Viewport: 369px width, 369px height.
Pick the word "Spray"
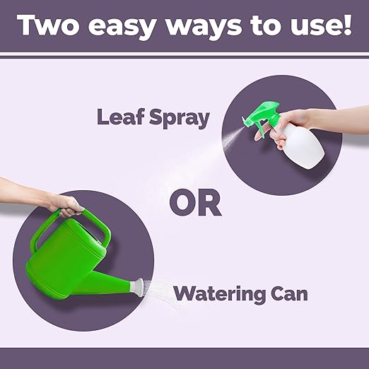point(179,118)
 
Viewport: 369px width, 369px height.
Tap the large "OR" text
point(195,203)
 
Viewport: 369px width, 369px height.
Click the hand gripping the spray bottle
point(285,125)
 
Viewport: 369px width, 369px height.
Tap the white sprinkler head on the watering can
point(137,287)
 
